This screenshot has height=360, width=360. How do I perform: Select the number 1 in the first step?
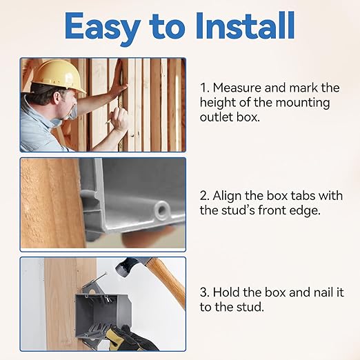click(203, 88)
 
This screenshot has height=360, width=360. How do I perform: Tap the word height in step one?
click(219, 103)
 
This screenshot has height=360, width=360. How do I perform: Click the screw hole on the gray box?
click(163, 207)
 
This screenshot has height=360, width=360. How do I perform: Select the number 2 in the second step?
click(204, 195)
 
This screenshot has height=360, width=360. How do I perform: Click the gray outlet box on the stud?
click(97, 310)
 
